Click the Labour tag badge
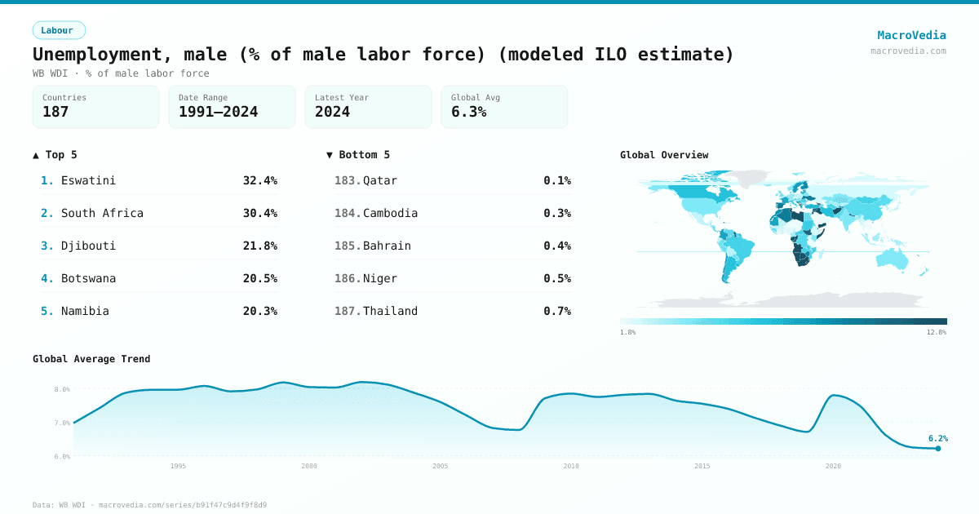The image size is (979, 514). pyautogui.click(x=59, y=30)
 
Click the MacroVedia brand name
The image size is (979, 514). pyautogui.click(x=911, y=35)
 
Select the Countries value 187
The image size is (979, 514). pyautogui.click(x=55, y=112)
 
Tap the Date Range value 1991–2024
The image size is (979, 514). pyautogui.click(x=218, y=112)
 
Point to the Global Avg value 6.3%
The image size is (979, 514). pyautogui.click(x=468, y=112)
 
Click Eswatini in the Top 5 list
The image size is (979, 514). pyautogui.click(x=88, y=180)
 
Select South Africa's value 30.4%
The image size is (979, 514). pyautogui.click(x=259, y=213)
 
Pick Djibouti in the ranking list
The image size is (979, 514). pyautogui.click(x=88, y=246)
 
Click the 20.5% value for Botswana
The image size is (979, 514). pyautogui.click(x=259, y=278)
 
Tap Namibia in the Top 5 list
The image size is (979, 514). pyautogui.click(x=85, y=311)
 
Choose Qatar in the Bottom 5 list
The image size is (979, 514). pyautogui.click(x=380, y=180)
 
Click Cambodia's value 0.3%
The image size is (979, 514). pyautogui.click(x=557, y=213)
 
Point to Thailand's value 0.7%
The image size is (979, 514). pyautogui.click(x=557, y=311)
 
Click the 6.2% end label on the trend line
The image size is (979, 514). pyautogui.click(x=937, y=438)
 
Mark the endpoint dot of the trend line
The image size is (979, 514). pyautogui.click(x=937, y=448)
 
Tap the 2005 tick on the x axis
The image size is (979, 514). pyautogui.click(x=440, y=466)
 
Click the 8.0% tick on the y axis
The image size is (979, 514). pyautogui.click(x=62, y=389)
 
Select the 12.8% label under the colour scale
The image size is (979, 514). pyautogui.click(x=937, y=332)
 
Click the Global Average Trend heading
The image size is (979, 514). pyautogui.click(x=91, y=359)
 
